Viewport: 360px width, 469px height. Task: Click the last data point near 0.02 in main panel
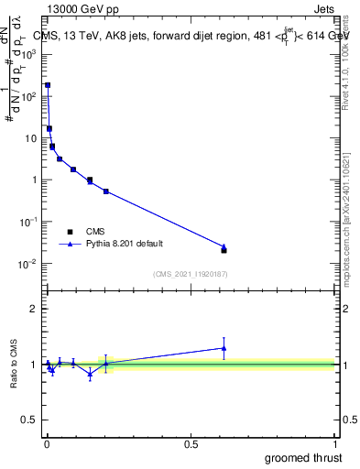click(x=224, y=250)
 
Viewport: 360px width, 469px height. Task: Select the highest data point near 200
click(x=48, y=84)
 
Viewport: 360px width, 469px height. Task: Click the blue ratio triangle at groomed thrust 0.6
click(x=224, y=348)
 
